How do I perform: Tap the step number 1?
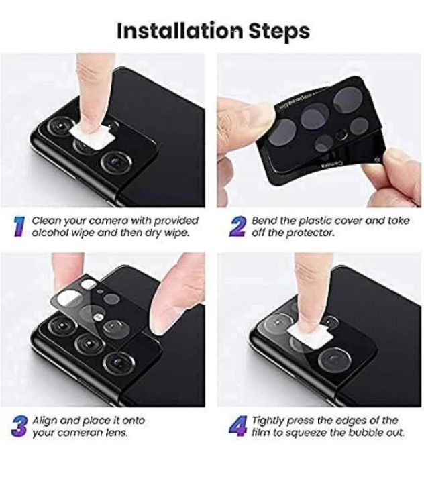pyautogui.click(x=21, y=226)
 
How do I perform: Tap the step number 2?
pyautogui.click(x=237, y=226)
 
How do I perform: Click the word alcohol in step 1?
pyautogui.click(x=52, y=233)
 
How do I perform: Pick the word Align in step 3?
pyautogui.click(x=46, y=420)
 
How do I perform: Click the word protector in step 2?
pyautogui.click(x=314, y=233)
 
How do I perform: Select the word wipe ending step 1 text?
pyautogui.click(x=176, y=233)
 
